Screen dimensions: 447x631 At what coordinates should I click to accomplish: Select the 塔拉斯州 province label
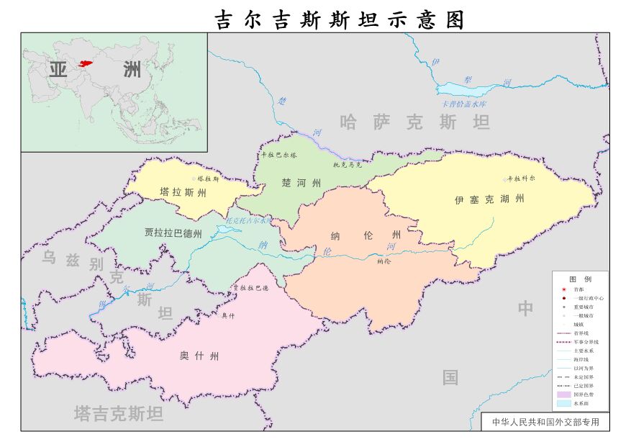click(x=183, y=193)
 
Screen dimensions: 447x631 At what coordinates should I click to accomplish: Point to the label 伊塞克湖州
click(x=489, y=199)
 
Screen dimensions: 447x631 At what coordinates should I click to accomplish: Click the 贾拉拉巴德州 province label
click(x=173, y=233)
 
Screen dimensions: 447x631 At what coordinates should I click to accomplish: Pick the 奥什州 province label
click(x=199, y=356)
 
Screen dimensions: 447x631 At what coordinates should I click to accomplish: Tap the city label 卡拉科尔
click(x=522, y=178)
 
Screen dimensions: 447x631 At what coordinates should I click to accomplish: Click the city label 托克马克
click(x=348, y=165)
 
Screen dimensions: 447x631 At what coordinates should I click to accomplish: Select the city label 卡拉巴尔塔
click(x=278, y=155)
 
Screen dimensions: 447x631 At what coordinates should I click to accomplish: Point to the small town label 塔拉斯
click(x=208, y=179)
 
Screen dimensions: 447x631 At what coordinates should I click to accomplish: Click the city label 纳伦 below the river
click(x=383, y=261)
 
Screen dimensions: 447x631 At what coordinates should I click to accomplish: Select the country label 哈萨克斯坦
click(x=415, y=122)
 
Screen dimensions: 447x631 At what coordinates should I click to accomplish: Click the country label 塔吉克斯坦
click(x=119, y=413)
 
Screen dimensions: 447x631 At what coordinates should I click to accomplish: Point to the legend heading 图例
click(x=580, y=279)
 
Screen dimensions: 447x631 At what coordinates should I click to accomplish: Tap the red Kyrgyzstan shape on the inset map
click(x=87, y=64)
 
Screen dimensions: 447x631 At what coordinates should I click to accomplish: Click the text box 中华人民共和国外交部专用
click(x=545, y=422)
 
